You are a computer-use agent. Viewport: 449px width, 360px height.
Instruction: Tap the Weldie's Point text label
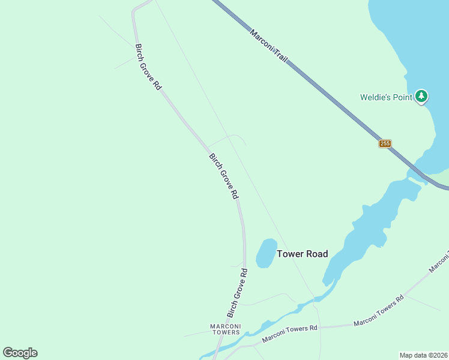tap(386, 97)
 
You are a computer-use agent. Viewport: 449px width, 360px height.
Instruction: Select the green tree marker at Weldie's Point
tap(422, 96)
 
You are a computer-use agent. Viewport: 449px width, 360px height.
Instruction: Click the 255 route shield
tap(385, 143)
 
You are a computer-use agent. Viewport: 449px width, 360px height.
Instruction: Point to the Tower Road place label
tap(302, 254)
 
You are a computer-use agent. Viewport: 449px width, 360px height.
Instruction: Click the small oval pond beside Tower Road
tap(265, 253)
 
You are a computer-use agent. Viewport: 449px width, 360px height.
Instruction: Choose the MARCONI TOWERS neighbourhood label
tap(225, 329)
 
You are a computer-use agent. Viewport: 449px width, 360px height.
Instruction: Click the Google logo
tap(20, 353)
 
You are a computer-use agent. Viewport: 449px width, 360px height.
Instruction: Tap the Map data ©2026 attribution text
tap(423, 355)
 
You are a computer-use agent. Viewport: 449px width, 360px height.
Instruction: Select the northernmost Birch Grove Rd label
tap(148, 67)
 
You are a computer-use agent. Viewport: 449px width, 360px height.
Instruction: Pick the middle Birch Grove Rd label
tap(224, 176)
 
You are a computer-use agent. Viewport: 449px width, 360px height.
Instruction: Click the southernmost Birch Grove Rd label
tap(237, 293)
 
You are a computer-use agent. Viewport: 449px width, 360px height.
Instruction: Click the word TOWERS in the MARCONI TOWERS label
tap(225, 332)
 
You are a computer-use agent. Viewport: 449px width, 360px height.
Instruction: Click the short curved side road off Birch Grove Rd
tap(228, 137)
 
